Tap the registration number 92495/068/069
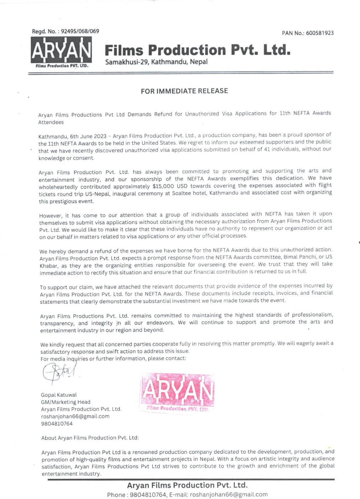(80, 31)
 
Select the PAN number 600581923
(320, 33)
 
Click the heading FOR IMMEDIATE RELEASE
(184, 91)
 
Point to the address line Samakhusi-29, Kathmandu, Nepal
(156, 62)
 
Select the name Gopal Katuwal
(59, 395)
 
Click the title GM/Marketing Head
(66, 402)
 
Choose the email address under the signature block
(75, 416)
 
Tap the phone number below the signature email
(57, 424)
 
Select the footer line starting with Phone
(187, 494)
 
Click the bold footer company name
(187, 485)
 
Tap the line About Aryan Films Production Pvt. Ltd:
(90, 438)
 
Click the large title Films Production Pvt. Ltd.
(197, 50)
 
